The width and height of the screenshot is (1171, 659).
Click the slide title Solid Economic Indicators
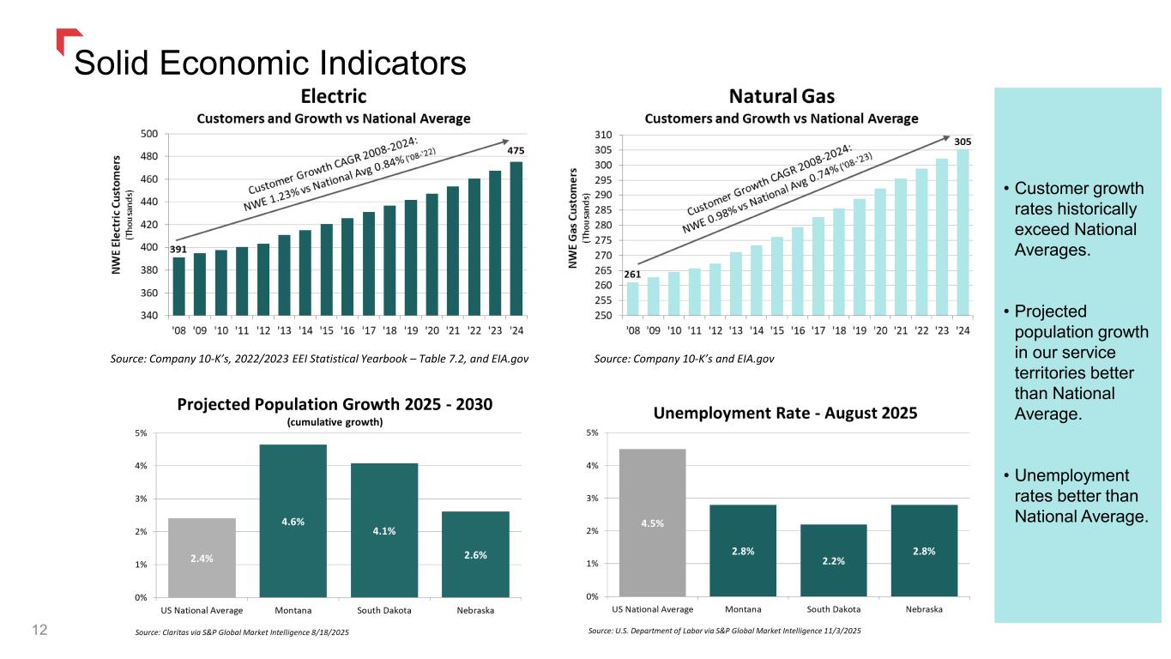(x=270, y=62)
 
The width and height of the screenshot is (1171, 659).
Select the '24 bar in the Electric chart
(x=516, y=239)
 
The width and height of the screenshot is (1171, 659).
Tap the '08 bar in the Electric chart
(x=178, y=286)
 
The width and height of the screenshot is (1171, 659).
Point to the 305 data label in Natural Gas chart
(x=963, y=141)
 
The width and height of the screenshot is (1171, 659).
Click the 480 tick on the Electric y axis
(x=148, y=157)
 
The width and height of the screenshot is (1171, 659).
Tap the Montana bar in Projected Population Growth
(x=293, y=520)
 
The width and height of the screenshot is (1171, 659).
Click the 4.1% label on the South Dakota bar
(x=383, y=530)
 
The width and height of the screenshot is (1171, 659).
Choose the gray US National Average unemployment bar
(x=652, y=522)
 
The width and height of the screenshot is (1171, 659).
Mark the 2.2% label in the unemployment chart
(x=834, y=560)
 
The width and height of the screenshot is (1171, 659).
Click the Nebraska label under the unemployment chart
(x=924, y=609)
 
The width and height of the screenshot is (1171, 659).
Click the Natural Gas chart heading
(x=782, y=95)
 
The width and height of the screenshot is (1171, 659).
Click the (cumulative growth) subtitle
(x=335, y=421)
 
